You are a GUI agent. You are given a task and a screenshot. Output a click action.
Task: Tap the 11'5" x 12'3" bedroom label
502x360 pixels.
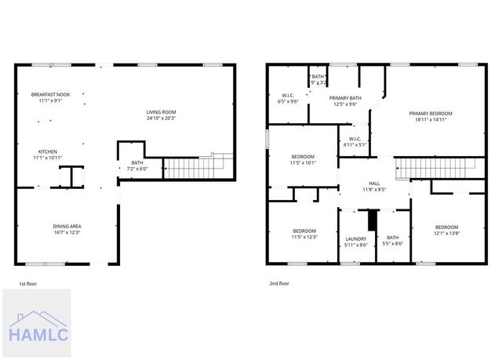pyautogui.click(x=304, y=234)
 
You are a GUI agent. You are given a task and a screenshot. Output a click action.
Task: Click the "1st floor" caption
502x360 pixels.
pyautogui.click(x=27, y=283)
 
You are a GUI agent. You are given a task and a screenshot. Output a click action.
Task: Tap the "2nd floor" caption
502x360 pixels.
pyautogui.click(x=278, y=283)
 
